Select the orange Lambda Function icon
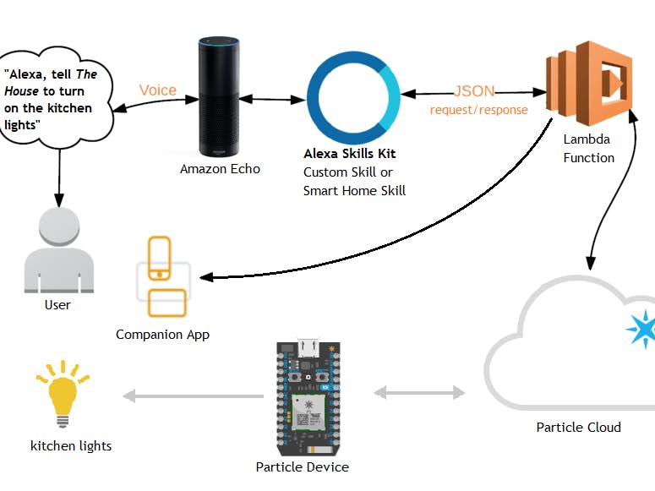pyautogui.click(x=589, y=81)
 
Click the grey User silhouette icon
pyautogui.click(x=57, y=252)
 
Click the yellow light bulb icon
pyautogui.click(x=62, y=395)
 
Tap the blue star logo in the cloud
pyautogui.click(x=642, y=329)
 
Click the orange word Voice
pyautogui.click(x=158, y=90)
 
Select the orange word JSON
pyautogui.click(x=474, y=91)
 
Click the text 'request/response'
pyautogui.click(x=478, y=110)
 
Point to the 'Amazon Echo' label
pyautogui.click(x=220, y=169)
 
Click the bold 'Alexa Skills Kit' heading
pyautogui.click(x=349, y=154)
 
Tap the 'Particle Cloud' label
pyautogui.click(x=578, y=427)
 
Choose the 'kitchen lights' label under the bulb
pyautogui.click(x=70, y=445)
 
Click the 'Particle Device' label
pyautogui.click(x=302, y=466)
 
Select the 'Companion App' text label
pyautogui.click(x=162, y=334)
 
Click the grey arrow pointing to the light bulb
pyautogui.click(x=194, y=396)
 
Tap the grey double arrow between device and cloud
pyautogui.click(x=420, y=393)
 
